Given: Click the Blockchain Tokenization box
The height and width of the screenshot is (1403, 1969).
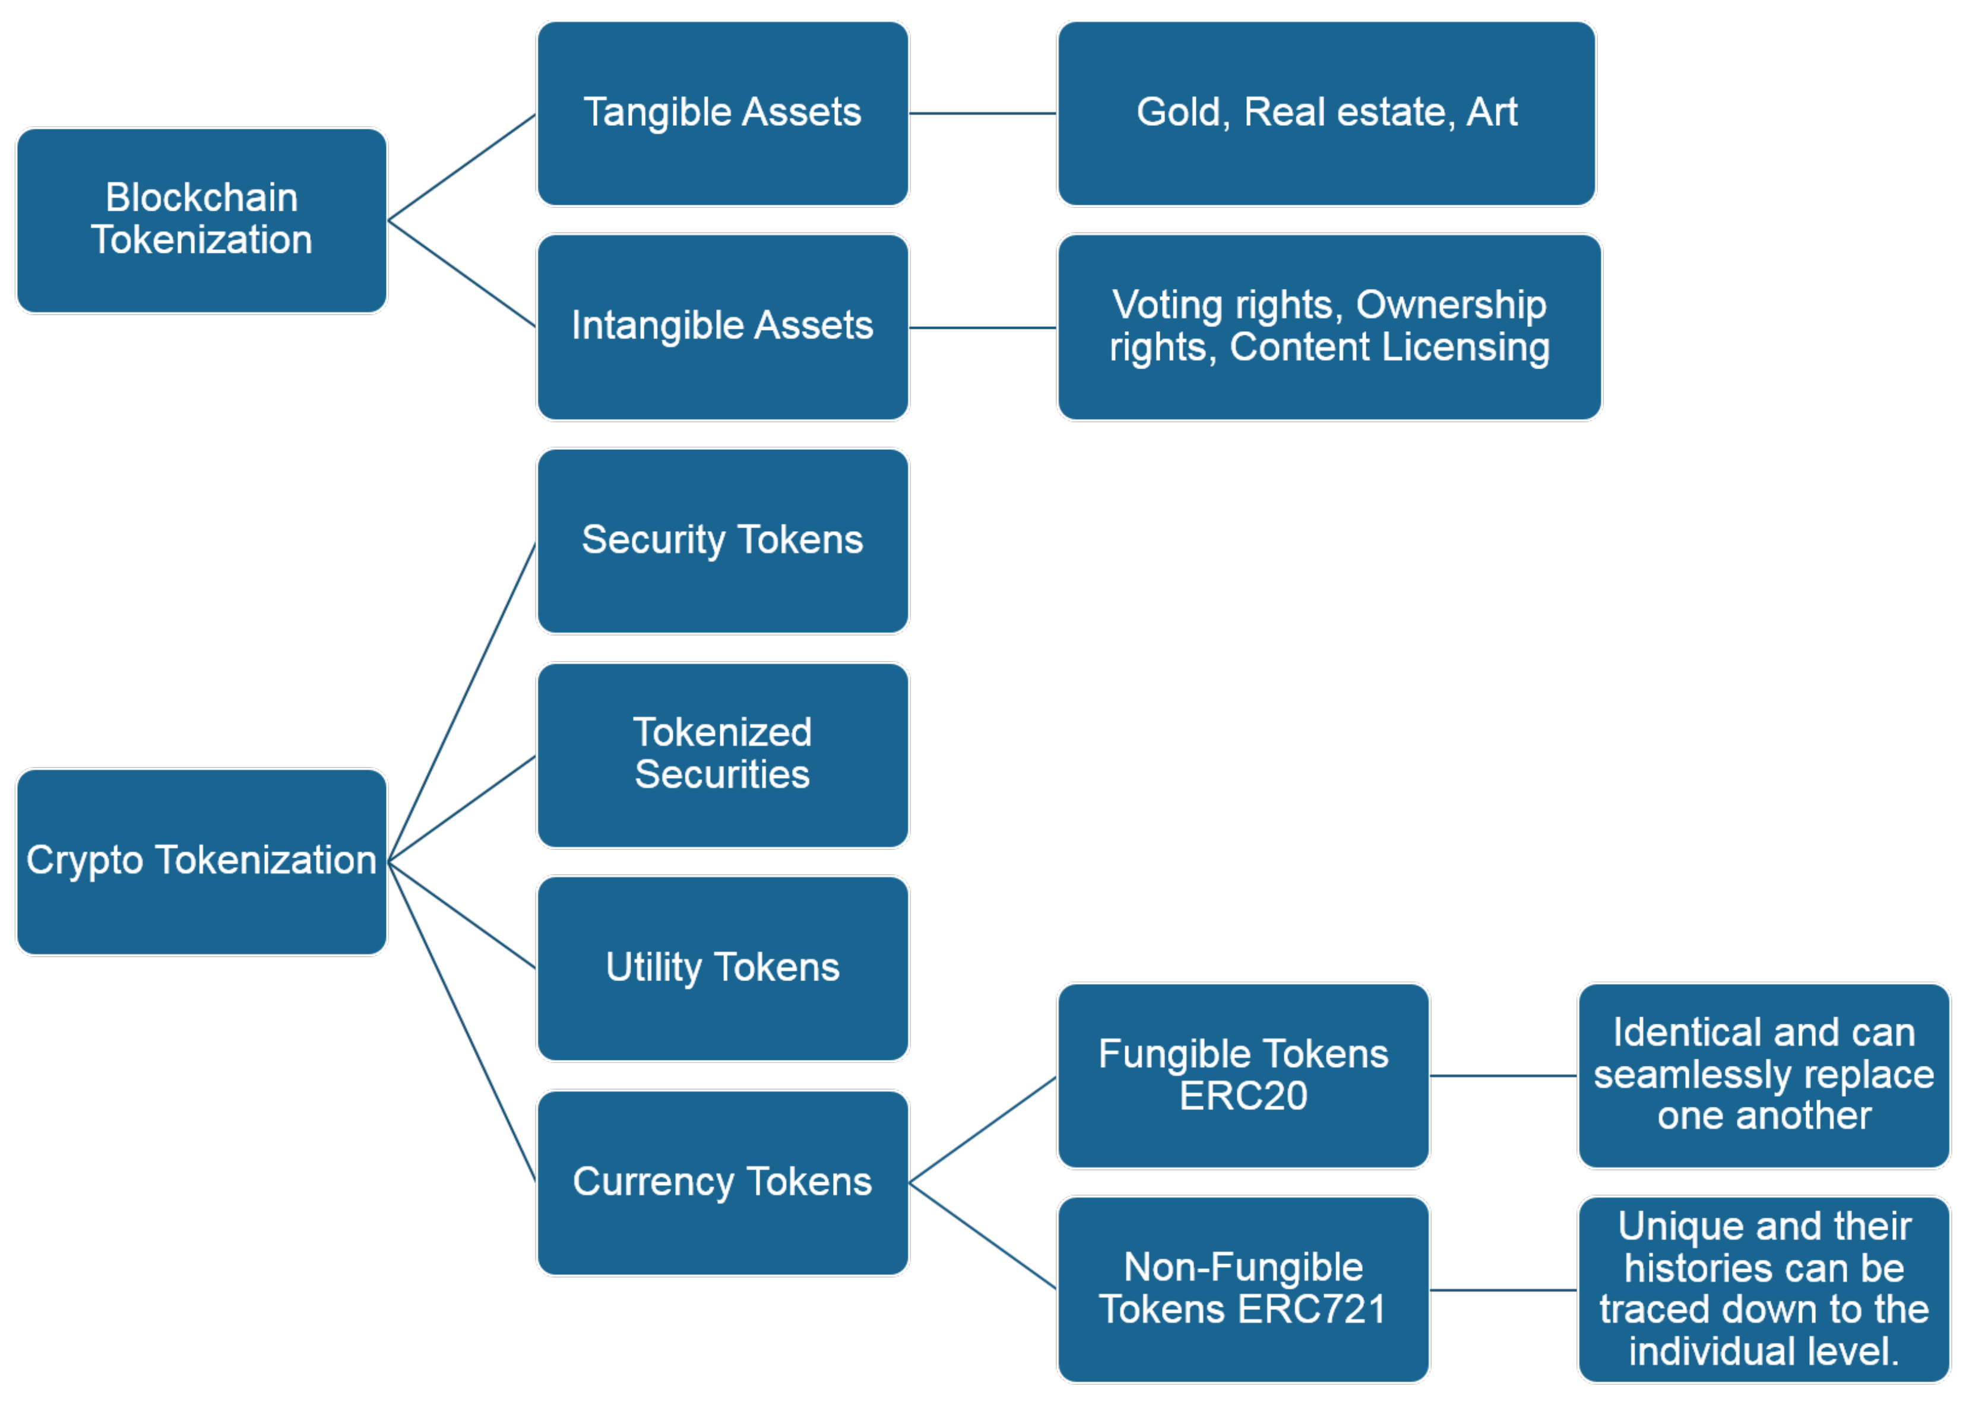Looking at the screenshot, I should pyautogui.click(x=201, y=220).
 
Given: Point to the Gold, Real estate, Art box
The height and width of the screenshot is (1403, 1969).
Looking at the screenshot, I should pyautogui.click(x=1326, y=113).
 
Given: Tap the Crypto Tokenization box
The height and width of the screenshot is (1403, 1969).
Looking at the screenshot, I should pyautogui.click(x=201, y=861).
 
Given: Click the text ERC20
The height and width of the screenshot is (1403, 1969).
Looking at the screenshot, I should pyautogui.click(x=1243, y=1096).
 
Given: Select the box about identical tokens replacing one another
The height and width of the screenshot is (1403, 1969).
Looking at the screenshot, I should pyautogui.click(x=1764, y=1075).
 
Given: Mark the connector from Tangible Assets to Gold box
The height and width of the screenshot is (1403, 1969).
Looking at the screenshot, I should pyautogui.click(x=982, y=113).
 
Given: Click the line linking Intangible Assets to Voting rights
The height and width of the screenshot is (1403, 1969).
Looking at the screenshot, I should pyautogui.click(x=982, y=328).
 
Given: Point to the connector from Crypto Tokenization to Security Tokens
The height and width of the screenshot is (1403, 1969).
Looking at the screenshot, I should pyautogui.click(x=463, y=701).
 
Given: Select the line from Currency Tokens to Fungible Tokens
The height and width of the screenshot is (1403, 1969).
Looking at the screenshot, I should pyautogui.click(x=982, y=1129).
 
